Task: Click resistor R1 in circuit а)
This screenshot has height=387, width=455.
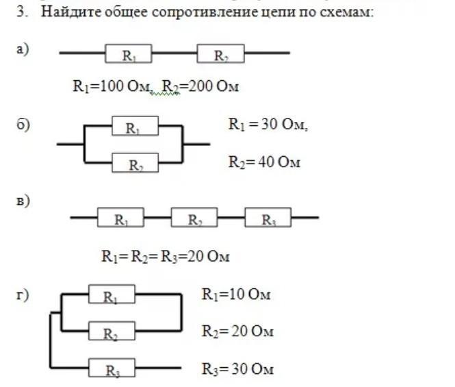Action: (x=128, y=53)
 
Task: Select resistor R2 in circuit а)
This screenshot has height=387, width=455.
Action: (x=220, y=53)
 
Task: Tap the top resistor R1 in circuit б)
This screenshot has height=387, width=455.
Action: (x=135, y=126)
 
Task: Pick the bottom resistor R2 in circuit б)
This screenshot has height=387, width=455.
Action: (x=135, y=163)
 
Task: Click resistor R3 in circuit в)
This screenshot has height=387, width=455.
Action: (x=269, y=219)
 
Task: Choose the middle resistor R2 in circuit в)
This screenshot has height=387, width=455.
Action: (x=194, y=219)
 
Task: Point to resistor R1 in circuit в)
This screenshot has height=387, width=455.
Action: (x=120, y=219)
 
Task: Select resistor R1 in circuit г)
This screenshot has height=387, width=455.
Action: (x=112, y=295)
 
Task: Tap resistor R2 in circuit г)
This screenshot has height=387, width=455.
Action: (x=112, y=332)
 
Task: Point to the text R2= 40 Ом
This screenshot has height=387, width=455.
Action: (x=264, y=162)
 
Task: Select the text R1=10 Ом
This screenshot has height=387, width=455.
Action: (x=236, y=295)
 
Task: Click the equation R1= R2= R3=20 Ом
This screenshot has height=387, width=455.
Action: (x=166, y=257)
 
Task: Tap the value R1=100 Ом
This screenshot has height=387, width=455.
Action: (x=114, y=86)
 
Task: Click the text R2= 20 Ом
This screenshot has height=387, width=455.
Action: (x=237, y=332)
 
